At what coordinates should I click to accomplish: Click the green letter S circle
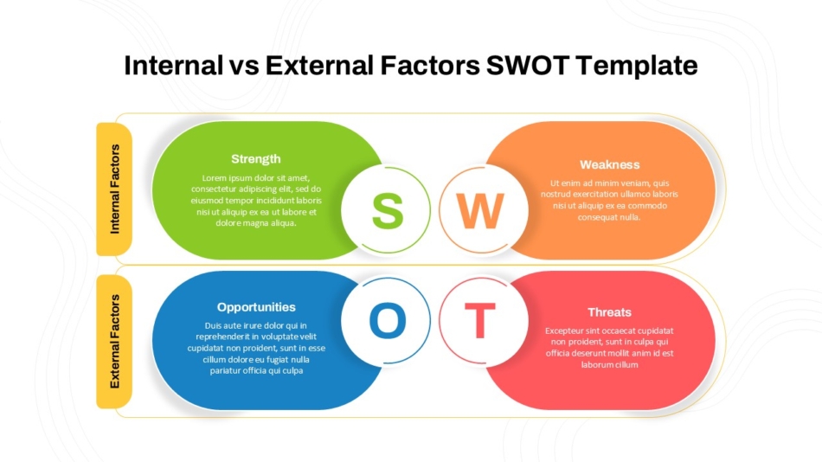pos(387,209)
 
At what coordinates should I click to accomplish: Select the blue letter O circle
pos(387,321)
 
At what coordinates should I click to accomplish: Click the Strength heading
pos(256,159)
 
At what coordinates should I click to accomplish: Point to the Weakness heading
pos(609,164)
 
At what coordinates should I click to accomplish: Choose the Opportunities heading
pos(256,307)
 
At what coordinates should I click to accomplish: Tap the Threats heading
pos(609,312)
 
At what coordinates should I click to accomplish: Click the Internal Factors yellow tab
pos(114,189)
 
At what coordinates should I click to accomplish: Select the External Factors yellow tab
pos(114,341)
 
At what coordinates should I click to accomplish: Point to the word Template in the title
pos(639,66)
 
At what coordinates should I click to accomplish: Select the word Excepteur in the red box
pos(567,331)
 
